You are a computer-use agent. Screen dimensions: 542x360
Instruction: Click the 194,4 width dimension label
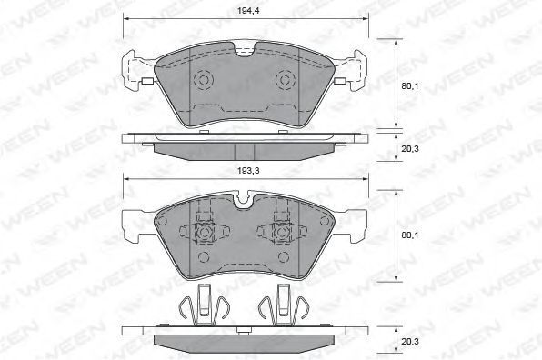point(248,11)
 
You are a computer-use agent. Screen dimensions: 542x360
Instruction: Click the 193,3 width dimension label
point(248,171)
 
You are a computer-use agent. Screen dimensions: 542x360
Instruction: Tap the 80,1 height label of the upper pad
point(409,86)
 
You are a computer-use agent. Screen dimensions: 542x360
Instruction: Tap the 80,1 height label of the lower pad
point(409,235)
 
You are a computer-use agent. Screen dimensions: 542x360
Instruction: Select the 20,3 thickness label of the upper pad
point(410,149)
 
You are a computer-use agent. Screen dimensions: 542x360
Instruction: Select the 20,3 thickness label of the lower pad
point(410,341)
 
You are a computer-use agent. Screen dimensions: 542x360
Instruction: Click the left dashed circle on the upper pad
point(204,80)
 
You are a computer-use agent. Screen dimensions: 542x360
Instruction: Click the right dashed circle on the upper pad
point(286,80)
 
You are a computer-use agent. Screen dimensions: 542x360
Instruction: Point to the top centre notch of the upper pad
point(246,49)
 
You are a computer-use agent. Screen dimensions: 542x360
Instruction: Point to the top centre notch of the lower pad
point(246,200)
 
